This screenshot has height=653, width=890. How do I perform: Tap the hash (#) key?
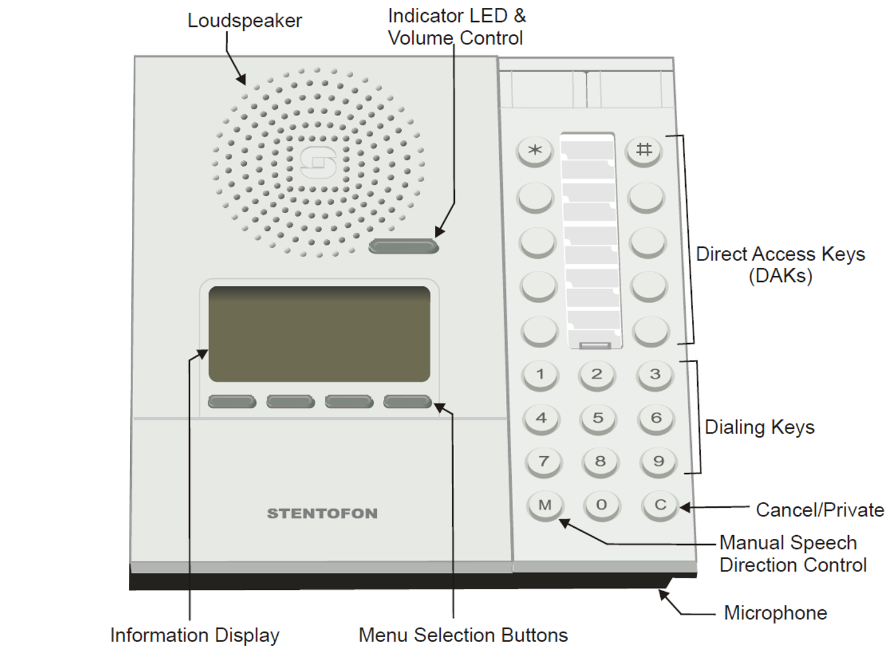644,149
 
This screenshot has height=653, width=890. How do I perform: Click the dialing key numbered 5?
598,418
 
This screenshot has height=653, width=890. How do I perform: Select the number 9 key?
658,462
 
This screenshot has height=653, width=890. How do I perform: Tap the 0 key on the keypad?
601,505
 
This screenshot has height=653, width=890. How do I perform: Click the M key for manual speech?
545,505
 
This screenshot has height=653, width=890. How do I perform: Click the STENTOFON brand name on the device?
322,514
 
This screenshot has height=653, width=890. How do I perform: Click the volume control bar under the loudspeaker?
403,246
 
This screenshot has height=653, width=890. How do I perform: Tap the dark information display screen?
319,334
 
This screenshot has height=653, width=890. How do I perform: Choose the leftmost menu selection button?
232,402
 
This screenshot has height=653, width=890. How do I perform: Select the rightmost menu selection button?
407,402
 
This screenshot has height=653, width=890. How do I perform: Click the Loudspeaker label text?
244,21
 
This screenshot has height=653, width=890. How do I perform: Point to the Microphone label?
775,613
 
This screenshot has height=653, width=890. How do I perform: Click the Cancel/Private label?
819,510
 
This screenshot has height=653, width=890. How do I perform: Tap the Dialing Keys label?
759,427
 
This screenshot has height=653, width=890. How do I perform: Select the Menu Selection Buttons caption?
463,635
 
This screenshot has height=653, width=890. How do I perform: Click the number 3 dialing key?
655,374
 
